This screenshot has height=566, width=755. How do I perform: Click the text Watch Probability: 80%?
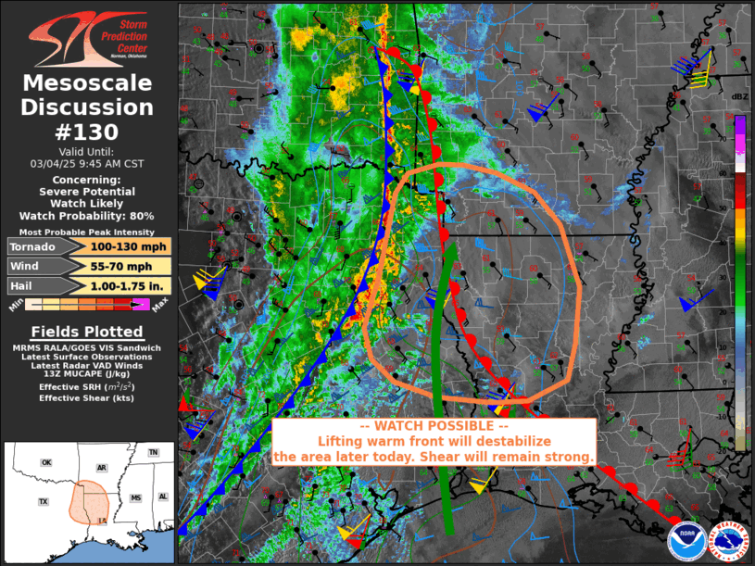88,216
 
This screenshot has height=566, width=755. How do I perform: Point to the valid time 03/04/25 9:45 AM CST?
88,163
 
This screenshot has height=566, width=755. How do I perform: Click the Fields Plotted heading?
88,332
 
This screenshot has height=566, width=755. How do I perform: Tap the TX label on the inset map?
43,502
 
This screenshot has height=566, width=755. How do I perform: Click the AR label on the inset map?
102,468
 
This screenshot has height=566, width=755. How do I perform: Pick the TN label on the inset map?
154,452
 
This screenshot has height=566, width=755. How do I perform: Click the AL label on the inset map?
163,497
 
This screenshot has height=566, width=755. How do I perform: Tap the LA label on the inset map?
102,522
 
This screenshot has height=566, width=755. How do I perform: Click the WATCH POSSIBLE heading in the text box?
434,425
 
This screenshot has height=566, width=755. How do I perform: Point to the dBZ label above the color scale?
739,97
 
